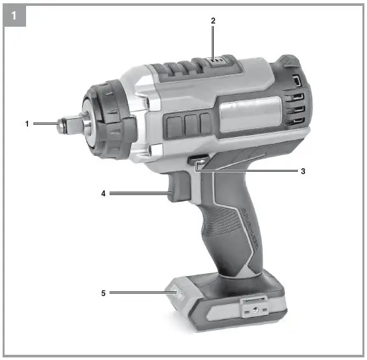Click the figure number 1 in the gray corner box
click(14, 14)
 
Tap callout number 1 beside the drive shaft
click(28, 123)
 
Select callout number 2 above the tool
click(213, 20)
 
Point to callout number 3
click(303, 172)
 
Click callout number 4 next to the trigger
click(103, 193)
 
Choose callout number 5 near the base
click(103, 293)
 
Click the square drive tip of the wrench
click(66, 123)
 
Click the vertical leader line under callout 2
click(213, 42)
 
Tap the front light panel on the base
click(177, 297)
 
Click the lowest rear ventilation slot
click(297, 121)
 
